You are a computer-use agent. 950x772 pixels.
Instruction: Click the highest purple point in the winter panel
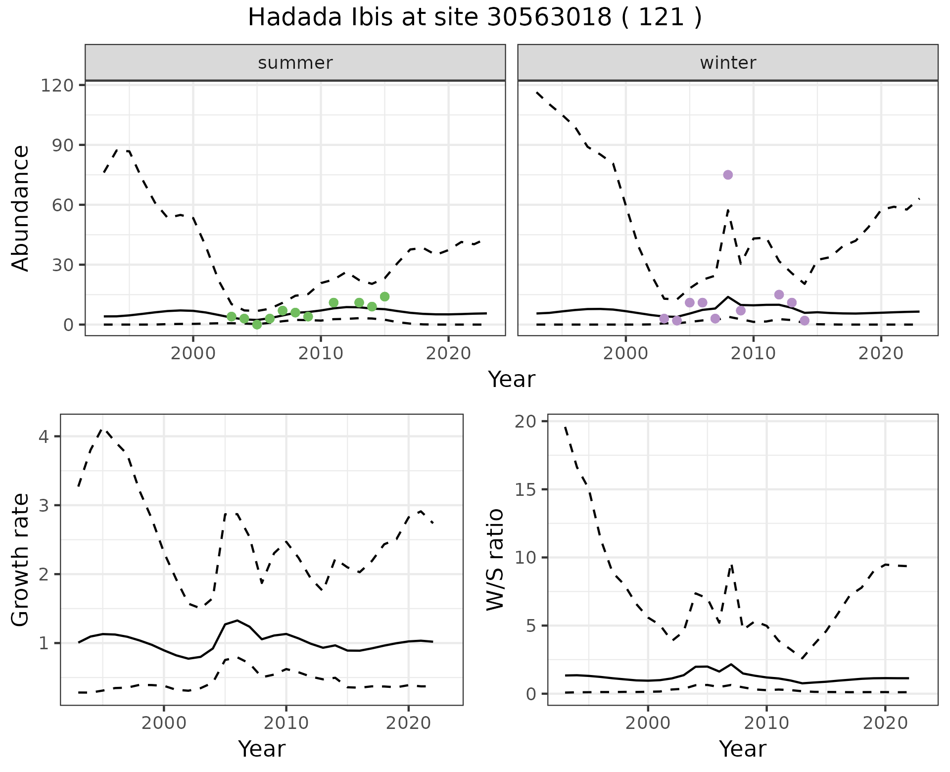point(728,175)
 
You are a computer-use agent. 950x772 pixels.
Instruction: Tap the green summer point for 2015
point(384,296)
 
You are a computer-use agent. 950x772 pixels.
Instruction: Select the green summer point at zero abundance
point(257,325)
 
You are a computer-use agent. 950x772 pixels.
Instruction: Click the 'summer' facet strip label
point(295,63)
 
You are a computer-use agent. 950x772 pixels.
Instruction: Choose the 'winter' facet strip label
point(728,63)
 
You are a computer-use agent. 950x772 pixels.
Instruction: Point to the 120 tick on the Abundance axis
point(57,85)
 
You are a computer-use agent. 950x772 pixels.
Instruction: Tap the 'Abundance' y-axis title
point(21,208)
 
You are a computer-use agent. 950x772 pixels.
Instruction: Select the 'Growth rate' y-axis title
point(21,560)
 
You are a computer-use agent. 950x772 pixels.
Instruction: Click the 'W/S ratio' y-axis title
point(495,560)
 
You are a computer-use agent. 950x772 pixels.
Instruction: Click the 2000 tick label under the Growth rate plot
point(164,723)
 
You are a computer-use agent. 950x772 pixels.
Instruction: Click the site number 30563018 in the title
point(549,18)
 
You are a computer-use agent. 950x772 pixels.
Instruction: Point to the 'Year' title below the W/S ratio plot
point(743,749)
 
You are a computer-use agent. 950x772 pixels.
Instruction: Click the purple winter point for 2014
point(805,321)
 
